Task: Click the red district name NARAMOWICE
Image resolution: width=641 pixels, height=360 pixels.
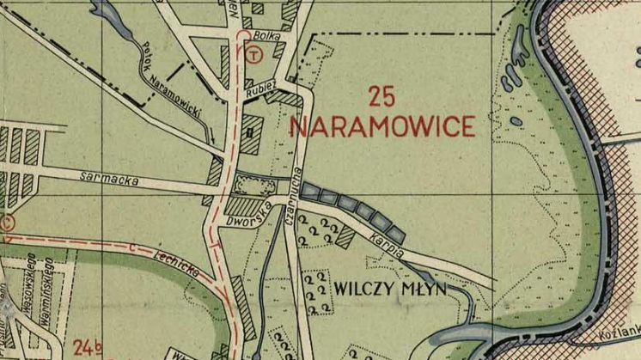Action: (382, 127)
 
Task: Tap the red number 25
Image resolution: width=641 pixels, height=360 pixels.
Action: (383, 95)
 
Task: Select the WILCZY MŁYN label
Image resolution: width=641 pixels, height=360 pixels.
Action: (392, 290)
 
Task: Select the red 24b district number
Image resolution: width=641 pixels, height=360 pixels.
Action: (87, 349)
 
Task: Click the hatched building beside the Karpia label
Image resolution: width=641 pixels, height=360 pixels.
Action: (346, 235)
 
